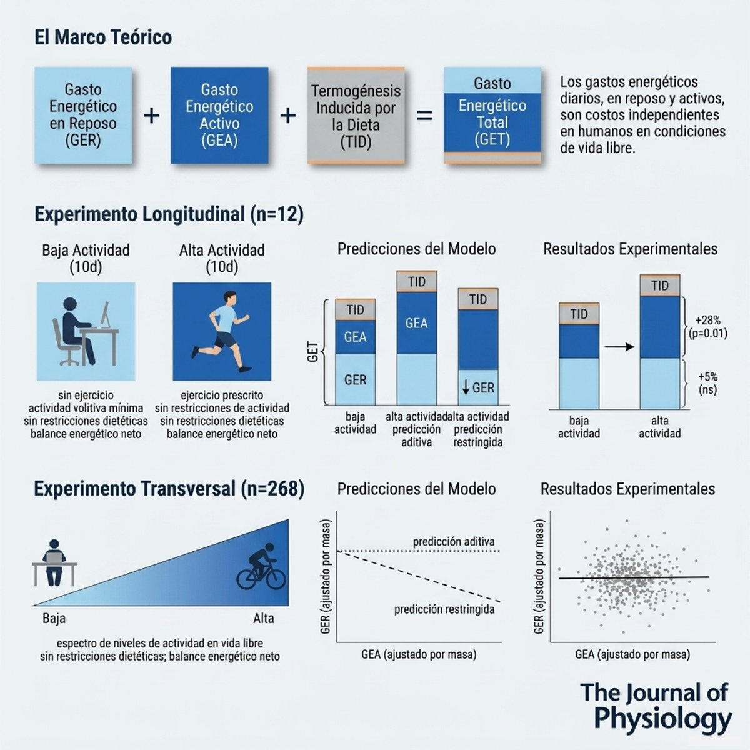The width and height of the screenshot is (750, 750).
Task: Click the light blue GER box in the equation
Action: coord(83,115)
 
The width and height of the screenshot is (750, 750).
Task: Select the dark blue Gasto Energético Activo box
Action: coord(219,115)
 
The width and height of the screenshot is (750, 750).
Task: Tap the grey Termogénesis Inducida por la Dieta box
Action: coord(356,115)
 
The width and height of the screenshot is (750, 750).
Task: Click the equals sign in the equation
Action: coord(424,116)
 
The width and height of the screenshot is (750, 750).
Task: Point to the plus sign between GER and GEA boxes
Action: coord(151,116)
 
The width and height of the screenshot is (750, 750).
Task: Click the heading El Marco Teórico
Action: coord(103,37)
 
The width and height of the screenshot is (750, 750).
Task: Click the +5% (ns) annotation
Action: coord(707,383)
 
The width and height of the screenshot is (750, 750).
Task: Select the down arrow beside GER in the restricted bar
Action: coord(465,388)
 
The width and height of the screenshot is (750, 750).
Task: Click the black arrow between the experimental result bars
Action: coord(619,347)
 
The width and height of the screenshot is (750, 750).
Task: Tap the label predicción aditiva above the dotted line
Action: coord(454,541)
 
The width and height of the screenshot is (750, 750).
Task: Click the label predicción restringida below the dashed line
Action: coord(444,609)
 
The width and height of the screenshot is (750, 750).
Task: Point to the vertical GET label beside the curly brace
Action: coord(313,352)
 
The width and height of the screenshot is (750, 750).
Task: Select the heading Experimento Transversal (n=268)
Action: coord(169,489)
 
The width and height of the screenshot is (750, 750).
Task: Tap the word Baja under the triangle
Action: coord(54,619)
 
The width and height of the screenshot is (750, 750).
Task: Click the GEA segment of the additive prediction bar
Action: coord(416,323)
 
